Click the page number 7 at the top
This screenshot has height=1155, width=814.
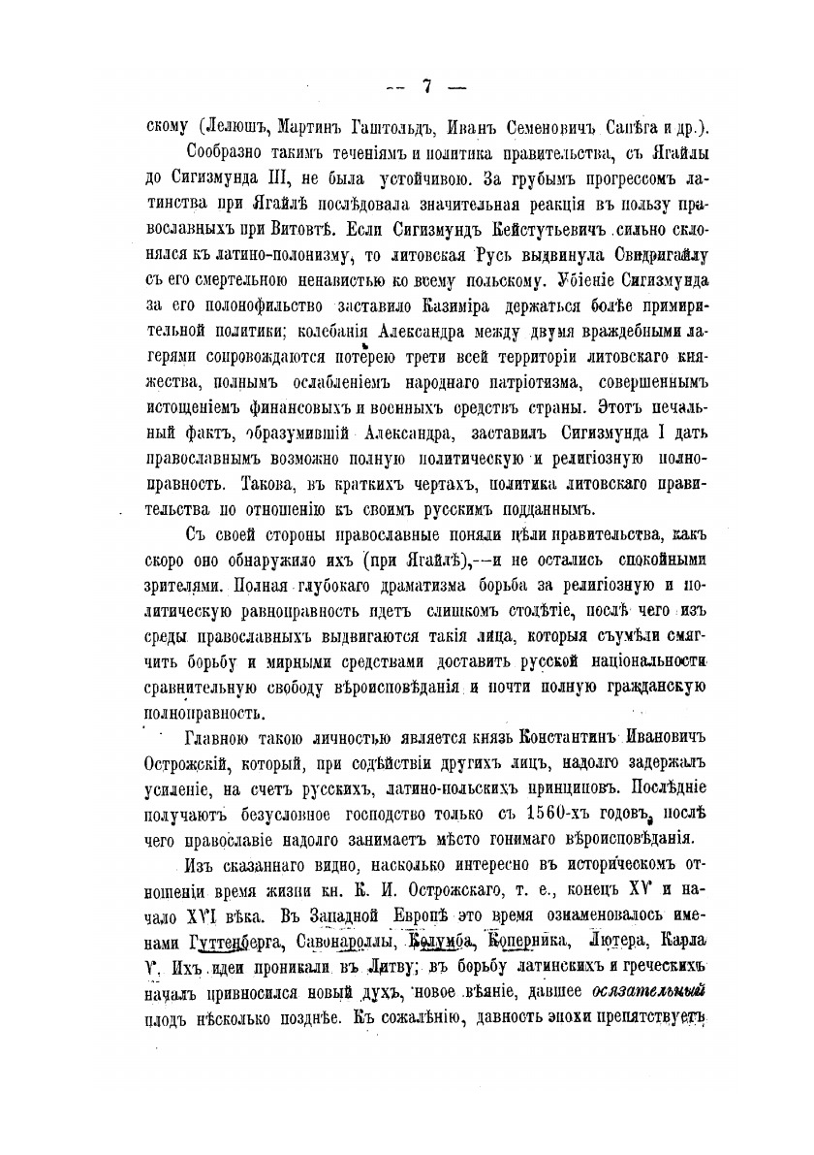click(x=426, y=85)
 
